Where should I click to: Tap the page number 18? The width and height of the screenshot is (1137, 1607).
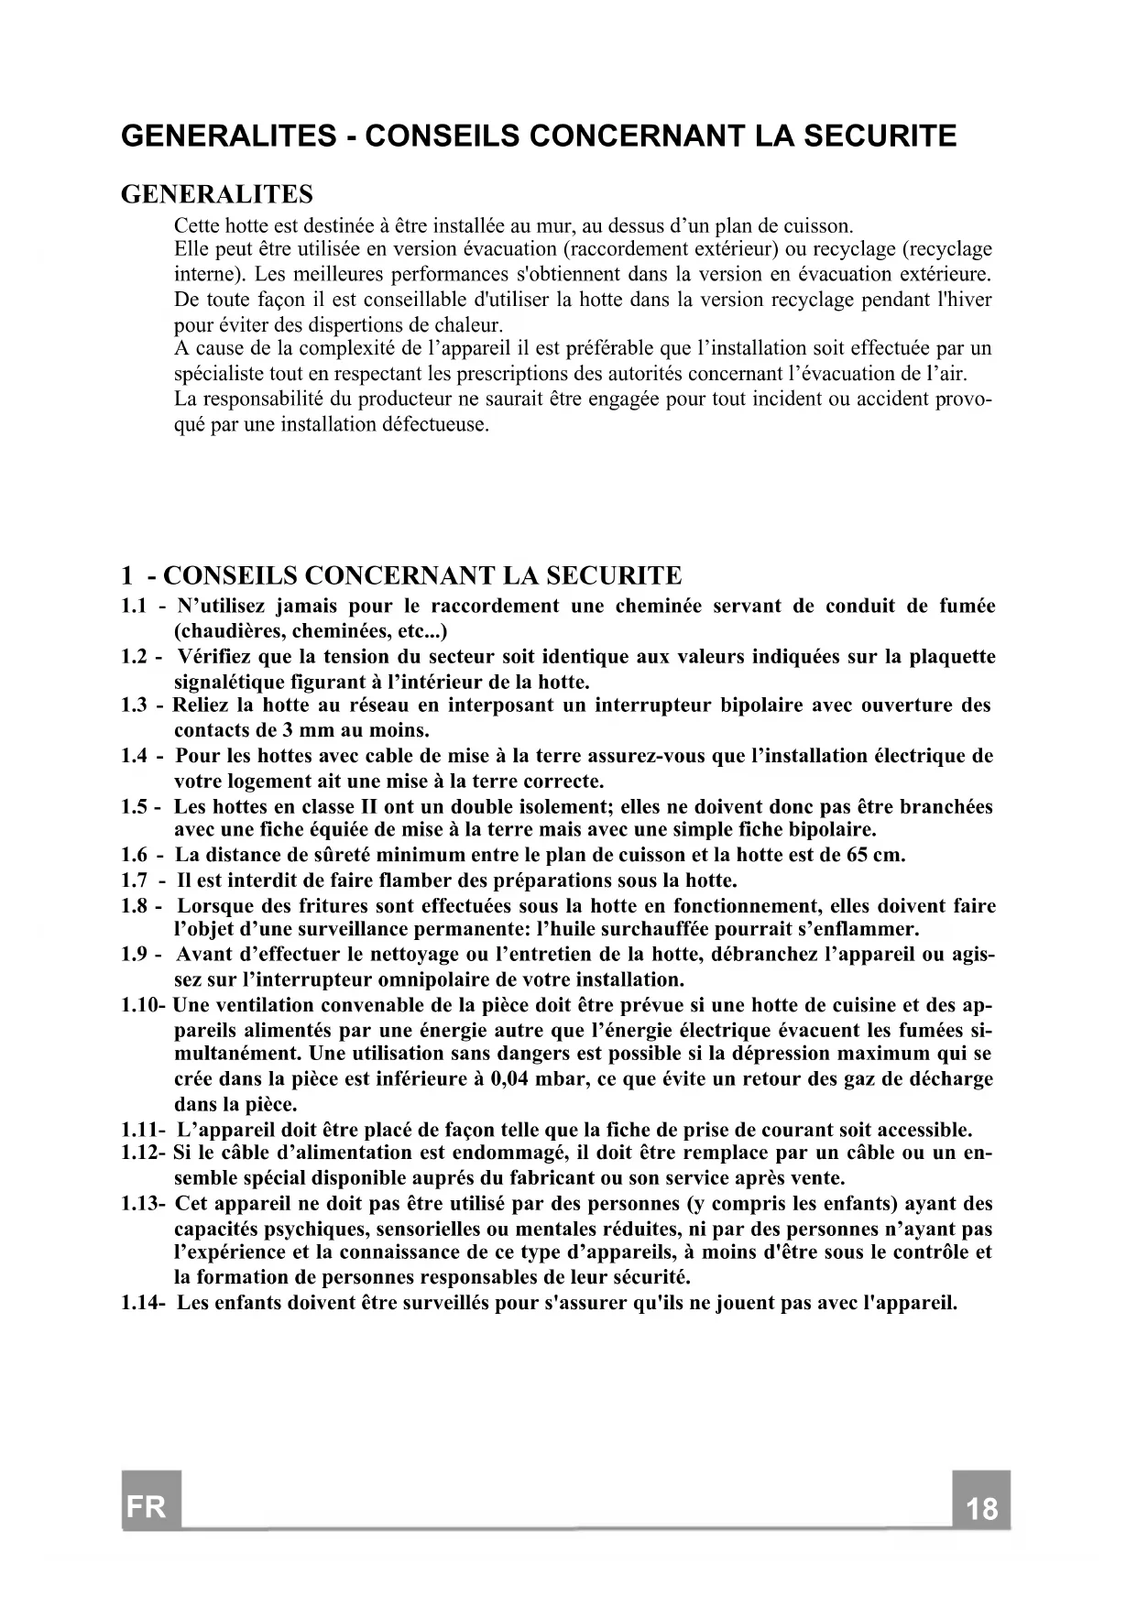[x=981, y=1508]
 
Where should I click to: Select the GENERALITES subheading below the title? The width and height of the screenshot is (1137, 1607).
[x=217, y=194]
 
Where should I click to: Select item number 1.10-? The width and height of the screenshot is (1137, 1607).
[x=142, y=1005]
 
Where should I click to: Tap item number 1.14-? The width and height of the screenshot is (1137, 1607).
[x=143, y=1303]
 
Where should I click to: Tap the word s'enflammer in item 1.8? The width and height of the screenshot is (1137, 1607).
[x=861, y=931]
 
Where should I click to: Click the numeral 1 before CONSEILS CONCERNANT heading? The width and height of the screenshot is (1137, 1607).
[x=127, y=576]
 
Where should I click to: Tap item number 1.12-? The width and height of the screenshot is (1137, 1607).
[x=143, y=1153]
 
